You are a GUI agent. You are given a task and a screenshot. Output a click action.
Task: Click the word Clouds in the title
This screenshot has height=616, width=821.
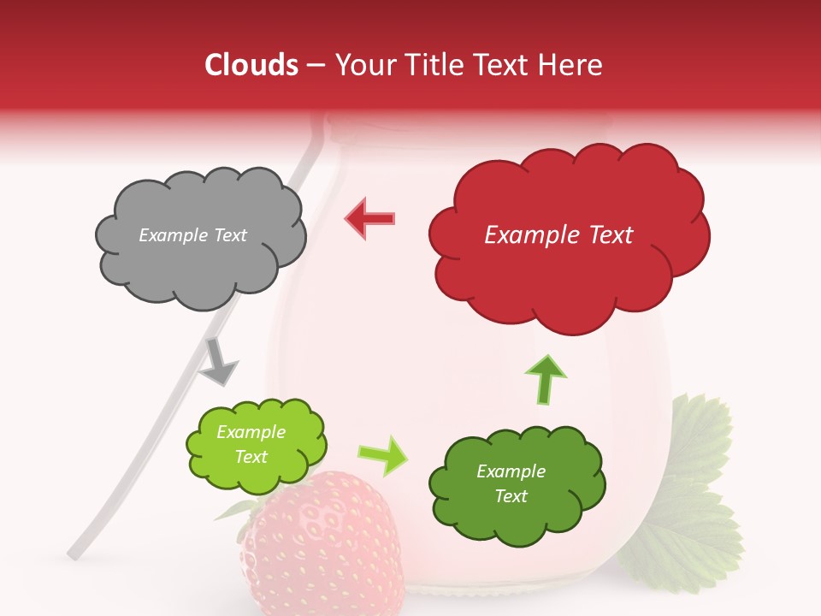(251, 65)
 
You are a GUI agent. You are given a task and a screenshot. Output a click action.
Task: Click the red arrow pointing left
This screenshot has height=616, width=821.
(370, 219)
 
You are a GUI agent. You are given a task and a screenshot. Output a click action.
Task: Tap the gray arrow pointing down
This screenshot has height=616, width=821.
(218, 361)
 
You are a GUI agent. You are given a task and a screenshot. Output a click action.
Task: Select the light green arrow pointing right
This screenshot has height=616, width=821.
(382, 455)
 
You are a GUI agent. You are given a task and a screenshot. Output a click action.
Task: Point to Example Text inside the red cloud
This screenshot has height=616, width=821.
(558, 235)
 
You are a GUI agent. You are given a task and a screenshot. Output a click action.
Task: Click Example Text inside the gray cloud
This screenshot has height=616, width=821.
(192, 235)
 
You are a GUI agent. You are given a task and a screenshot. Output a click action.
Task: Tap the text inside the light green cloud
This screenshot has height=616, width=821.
(251, 445)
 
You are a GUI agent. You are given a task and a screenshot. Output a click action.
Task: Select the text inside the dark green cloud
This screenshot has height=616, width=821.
(511, 484)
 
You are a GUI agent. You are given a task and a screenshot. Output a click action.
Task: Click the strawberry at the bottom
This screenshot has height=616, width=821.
(325, 548)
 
